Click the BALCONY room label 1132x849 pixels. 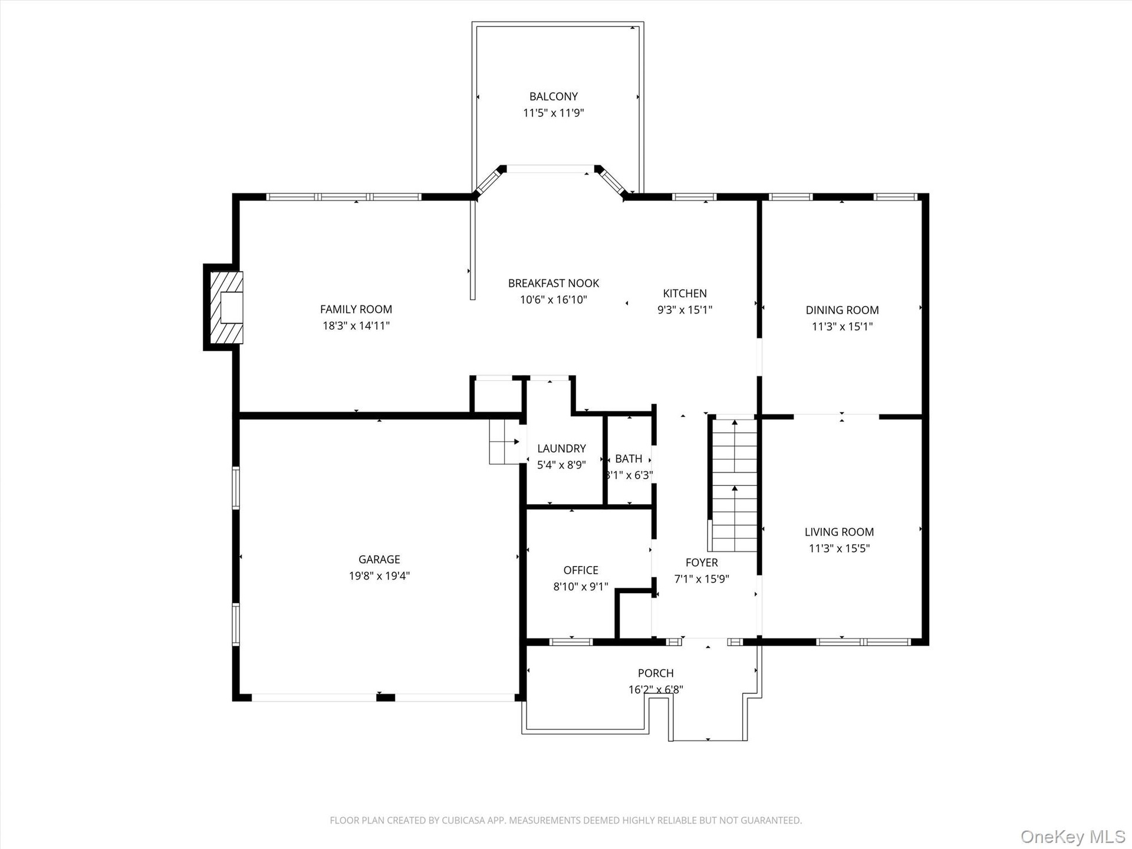point(553,96)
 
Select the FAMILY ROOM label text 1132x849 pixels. point(356,309)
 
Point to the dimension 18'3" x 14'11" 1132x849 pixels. point(356,325)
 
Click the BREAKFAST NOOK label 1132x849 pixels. point(553,283)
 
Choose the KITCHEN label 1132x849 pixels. point(685,293)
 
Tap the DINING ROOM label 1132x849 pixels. point(842,310)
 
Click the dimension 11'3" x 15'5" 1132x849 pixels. point(839,548)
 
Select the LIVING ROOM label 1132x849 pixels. point(839,532)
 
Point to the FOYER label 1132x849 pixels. point(702,562)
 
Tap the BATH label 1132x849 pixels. point(628,459)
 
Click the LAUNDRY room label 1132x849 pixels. point(561,449)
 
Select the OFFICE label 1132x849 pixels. point(581,570)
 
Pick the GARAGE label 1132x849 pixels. point(379,560)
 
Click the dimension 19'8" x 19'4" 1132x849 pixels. point(379,576)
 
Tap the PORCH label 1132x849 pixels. point(656,673)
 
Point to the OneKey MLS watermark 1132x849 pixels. point(1072,836)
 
